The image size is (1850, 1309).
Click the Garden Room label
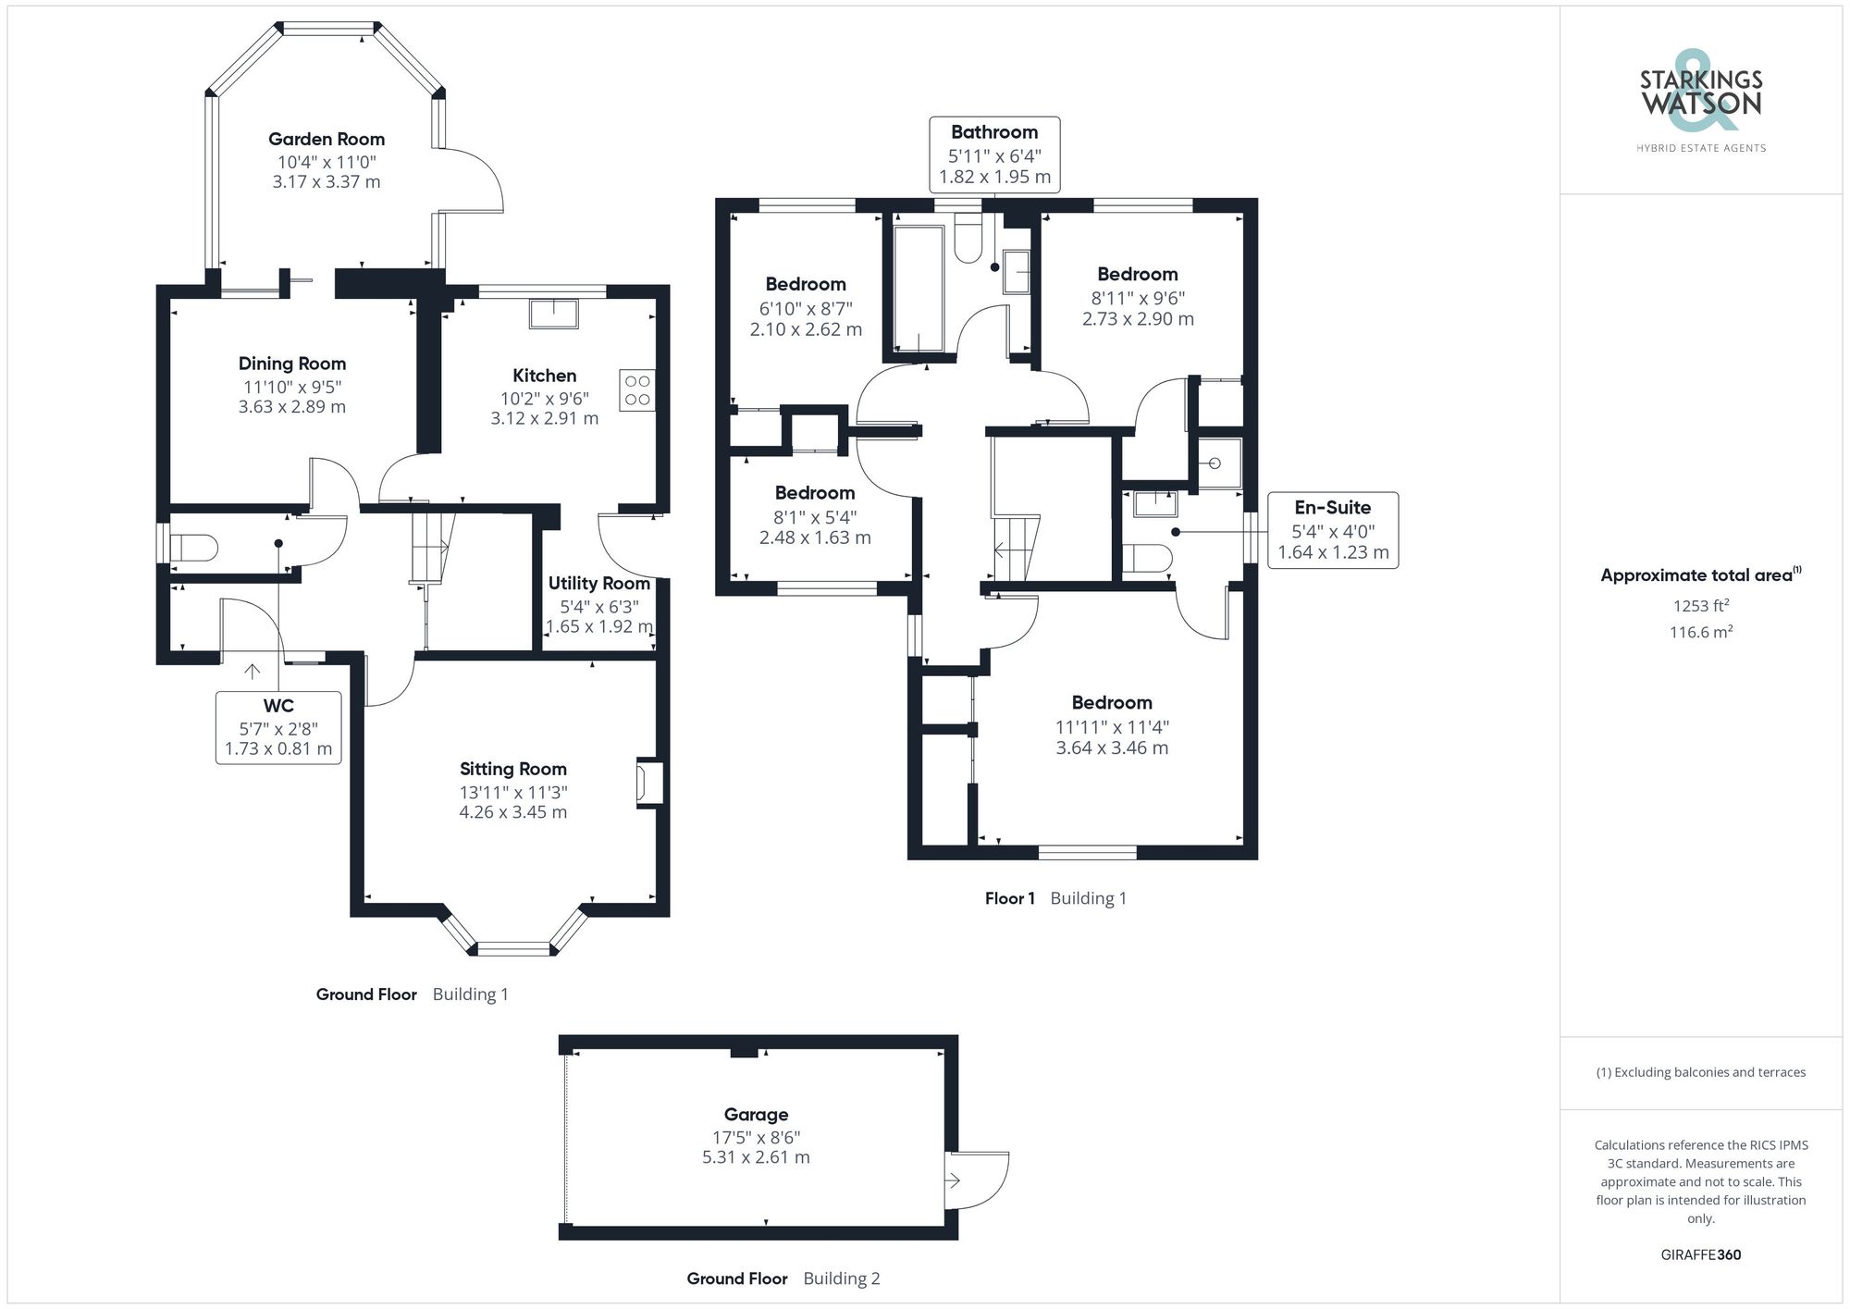click(x=326, y=140)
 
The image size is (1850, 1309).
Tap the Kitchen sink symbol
click(x=553, y=314)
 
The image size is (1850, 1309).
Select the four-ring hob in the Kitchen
click(x=637, y=390)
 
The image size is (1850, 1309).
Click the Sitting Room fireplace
click(x=648, y=783)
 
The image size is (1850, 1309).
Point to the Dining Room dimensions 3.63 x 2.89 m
click(x=291, y=407)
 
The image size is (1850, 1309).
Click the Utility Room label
click(x=598, y=584)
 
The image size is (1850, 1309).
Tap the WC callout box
click(x=278, y=727)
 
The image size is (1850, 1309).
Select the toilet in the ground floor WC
click(x=194, y=548)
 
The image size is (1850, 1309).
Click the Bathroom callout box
click(x=994, y=154)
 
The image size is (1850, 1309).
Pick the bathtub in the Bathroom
click(x=918, y=287)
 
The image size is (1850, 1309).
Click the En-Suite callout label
click(x=1332, y=508)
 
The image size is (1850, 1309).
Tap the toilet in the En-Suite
click(x=1147, y=558)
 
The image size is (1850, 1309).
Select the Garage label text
click(x=756, y=1115)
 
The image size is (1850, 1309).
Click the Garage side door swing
click(x=978, y=1179)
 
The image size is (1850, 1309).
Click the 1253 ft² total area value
click(x=1700, y=606)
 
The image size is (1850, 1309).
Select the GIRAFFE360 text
click(x=1700, y=1255)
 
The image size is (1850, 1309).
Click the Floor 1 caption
click(x=1009, y=898)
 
